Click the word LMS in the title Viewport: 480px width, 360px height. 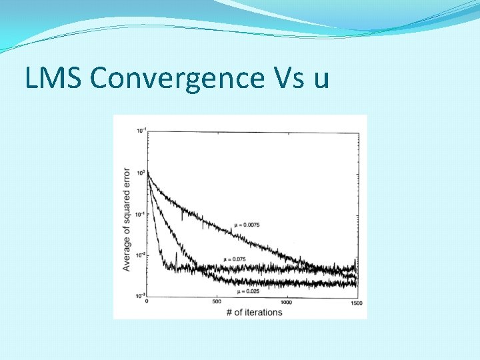[54, 79]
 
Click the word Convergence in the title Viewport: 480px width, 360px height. [176, 79]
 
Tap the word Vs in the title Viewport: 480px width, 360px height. [287, 79]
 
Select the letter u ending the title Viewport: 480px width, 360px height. [321, 80]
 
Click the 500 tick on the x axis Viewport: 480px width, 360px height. [217, 303]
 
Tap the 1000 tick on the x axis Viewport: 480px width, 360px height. [286, 303]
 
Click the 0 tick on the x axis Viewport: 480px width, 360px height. [147, 303]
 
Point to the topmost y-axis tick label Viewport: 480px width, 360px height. [140, 130]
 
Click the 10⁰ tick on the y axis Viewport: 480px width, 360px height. [141, 172]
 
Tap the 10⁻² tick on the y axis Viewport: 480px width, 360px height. [140, 255]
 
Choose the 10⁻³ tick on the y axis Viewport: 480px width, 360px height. [140, 296]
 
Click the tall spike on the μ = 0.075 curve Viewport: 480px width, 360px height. [176, 255]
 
